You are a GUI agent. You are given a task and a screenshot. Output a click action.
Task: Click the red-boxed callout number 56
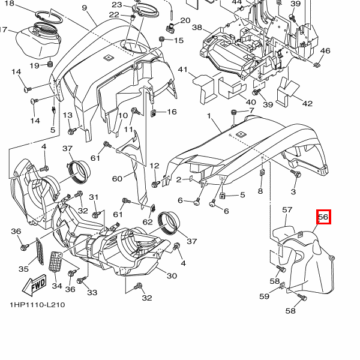click(323, 218)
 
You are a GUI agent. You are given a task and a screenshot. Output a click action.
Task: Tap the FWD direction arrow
click(35, 283)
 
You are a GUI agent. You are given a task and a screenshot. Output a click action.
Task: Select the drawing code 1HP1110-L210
click(37, 305)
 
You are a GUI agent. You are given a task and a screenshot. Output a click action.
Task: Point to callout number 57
click(287, 210)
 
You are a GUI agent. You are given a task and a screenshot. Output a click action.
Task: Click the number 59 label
click(265, 296)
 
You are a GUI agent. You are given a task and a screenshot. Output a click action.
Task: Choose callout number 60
click(117, 179)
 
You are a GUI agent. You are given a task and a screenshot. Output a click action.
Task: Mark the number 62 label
click(148, 222)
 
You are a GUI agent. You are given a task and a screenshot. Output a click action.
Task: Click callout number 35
click(24, 269)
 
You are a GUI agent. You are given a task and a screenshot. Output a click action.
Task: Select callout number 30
click(172, 276)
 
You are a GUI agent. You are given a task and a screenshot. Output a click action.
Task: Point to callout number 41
click(183, 70)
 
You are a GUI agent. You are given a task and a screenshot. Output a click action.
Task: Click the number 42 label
click(307, 104)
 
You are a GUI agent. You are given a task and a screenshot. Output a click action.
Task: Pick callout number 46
click(325, 51)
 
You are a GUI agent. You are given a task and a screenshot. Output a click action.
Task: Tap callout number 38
click(197, 28)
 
